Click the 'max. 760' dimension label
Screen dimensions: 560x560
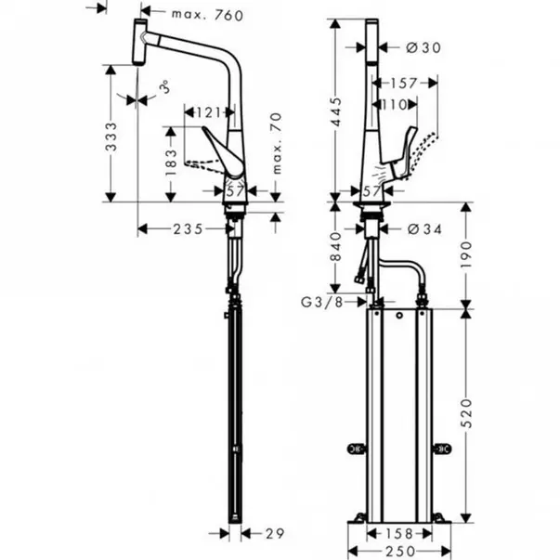207,15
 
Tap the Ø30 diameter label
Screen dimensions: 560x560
423,47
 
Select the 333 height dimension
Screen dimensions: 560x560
111,137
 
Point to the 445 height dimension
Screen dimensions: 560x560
335,111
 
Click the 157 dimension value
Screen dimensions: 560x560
404,84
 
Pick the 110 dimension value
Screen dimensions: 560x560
395,105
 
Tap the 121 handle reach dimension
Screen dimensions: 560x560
208,113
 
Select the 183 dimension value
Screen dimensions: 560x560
172,163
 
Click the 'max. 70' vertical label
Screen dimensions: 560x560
277,143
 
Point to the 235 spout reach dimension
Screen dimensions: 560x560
189,229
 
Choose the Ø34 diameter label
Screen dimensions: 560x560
424,229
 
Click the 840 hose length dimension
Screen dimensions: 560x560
335,246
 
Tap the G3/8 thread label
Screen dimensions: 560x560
321,302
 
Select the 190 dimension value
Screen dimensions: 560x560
466,254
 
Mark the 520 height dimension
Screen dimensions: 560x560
466,413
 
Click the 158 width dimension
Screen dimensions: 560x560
399,534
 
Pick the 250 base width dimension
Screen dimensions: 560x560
400,552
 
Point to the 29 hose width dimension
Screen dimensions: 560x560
276,534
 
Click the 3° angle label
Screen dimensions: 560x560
164,87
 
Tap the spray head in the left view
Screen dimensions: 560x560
139,42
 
